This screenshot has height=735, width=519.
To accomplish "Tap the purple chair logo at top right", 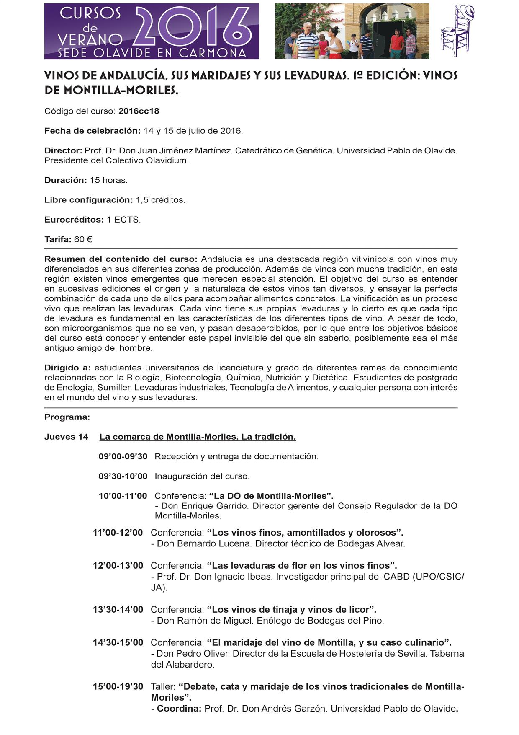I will (457, 31).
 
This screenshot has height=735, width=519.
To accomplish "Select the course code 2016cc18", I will (139, 111).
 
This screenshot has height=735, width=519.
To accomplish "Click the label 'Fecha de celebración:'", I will (92, 131).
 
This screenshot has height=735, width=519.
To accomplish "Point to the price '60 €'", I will (83, 239).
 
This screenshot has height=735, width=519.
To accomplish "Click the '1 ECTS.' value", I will (123, 220).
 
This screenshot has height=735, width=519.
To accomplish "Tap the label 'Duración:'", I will (65, 180).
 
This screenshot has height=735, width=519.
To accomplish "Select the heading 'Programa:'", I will (67, 417).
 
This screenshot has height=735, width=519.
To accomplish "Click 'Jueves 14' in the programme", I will (66, 437).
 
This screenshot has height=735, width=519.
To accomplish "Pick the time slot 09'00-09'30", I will (123, 456).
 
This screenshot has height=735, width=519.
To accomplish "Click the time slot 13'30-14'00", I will (118, 609).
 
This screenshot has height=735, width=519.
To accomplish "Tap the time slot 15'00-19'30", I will (118, 686).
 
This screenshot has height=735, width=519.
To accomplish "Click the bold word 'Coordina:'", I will (179, 709).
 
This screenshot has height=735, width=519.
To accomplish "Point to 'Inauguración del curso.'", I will (202, 476).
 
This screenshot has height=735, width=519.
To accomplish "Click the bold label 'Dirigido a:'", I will (67, 367).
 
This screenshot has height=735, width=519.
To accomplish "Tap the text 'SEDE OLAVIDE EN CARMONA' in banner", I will (152, 53).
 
